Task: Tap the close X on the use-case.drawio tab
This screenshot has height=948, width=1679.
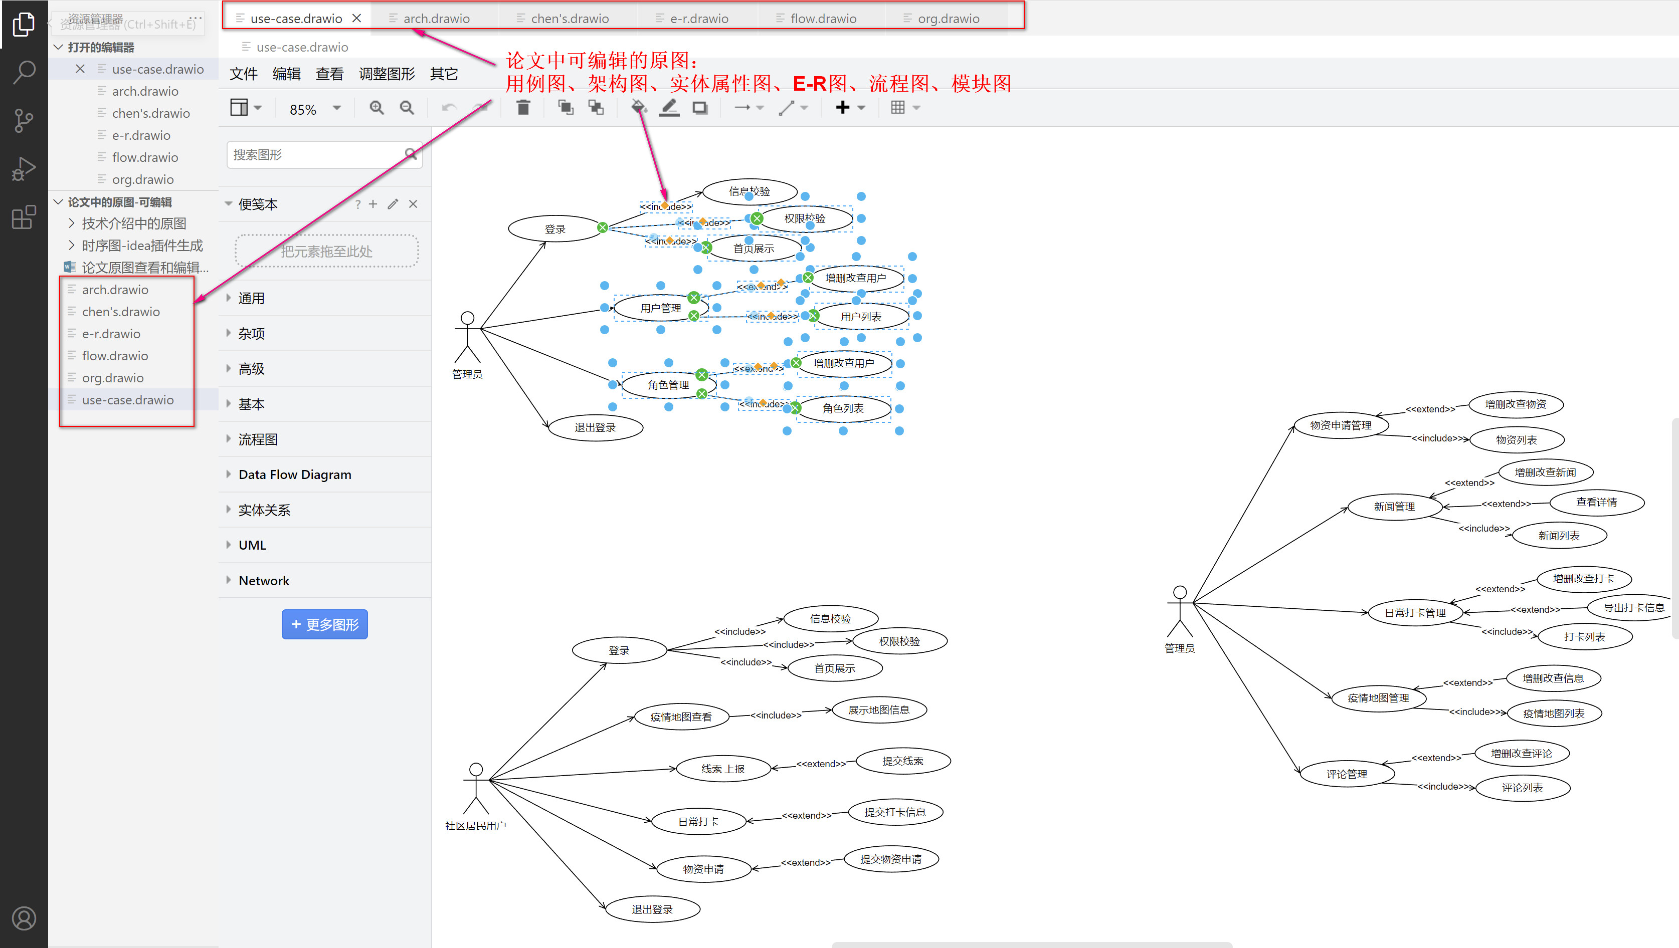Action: pyautogui.click(x=356, y=18)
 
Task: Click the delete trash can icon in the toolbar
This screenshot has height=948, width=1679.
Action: pyautogui.click(x=523, y=108)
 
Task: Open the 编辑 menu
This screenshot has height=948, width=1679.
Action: pyautogui.click(x=286, y=74)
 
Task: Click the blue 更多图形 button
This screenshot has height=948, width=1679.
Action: pyautogui.click(x=324, y=624)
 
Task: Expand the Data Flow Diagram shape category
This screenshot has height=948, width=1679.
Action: pyautogui.click(x=295, y=475)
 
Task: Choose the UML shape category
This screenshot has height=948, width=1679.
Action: pyautogui.click(x=252, y=545)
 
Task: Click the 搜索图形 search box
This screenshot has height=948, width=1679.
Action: pyautogui.click(x=316, y=155)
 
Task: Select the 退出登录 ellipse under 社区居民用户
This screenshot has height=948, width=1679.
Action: pyautogui.click(x=652, y=909)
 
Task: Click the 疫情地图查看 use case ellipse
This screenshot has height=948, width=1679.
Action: pyautogui.click(x=680, y=717)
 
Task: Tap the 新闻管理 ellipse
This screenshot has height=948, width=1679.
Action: pyautogui.click(x=1394, y=506)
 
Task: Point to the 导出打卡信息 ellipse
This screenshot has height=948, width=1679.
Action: pyautogui.click(x=1633, y=607)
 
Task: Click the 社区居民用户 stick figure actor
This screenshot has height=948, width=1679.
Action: pyautogui.click(x=476, y=788)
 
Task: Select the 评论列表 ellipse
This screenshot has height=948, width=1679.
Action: pyautogui.click(x=1522, y=788)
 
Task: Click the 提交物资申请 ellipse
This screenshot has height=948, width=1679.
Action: pyautogui.click(x=891, y=859)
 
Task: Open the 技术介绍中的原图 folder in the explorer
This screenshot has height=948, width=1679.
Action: pyautogui.click(x=134, y=223)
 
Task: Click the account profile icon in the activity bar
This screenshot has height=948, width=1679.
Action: pyautogui.click(x=24, y=917)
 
